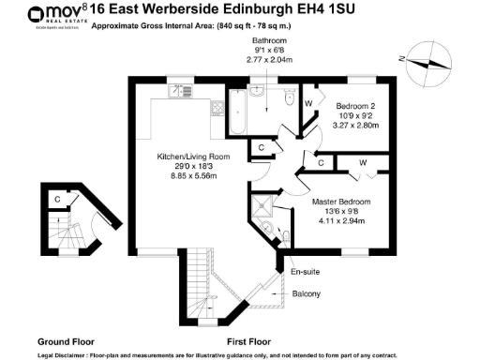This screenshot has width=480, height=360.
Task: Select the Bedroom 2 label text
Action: pos(356,106)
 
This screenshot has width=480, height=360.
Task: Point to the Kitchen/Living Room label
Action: pos(187,156)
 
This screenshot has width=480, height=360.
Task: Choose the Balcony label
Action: pos(307,294)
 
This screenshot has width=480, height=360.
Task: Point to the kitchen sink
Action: pos(178,92)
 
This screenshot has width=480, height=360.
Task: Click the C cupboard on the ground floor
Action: pos(57,199)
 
